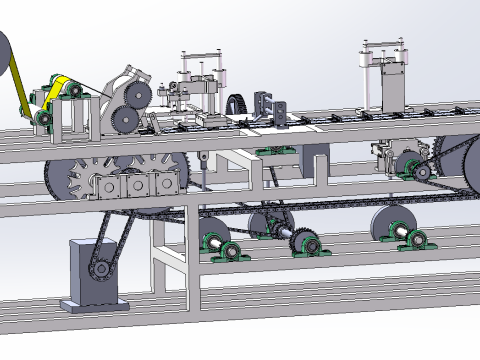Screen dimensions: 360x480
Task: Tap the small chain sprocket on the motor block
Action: tap(101, 268)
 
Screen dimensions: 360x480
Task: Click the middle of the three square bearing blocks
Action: tap(133, 186)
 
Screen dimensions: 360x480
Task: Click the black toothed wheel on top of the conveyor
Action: tap(237, 103)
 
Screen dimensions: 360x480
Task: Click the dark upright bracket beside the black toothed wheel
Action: tap(267, 104)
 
